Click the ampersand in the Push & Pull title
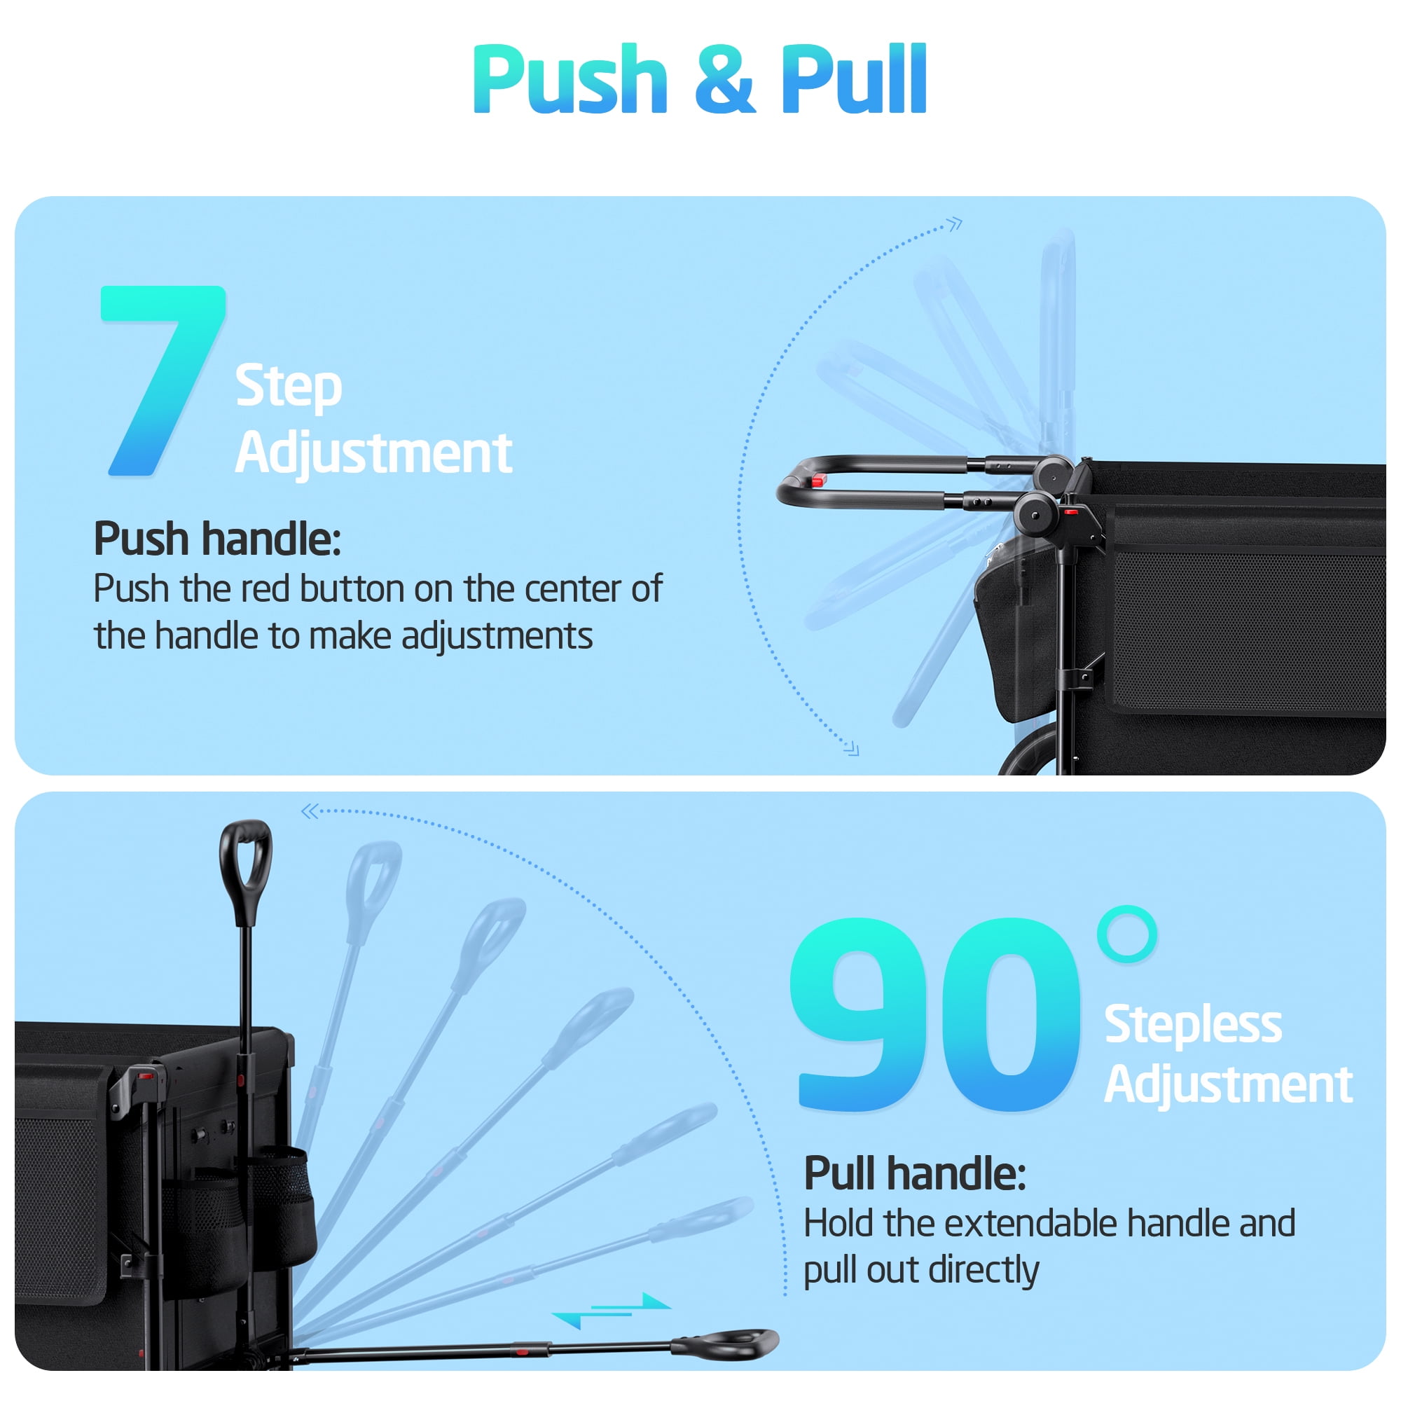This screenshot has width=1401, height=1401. tap(724, 79)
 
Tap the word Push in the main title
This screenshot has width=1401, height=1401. tap(570, 79)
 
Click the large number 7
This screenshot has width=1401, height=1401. tap(163, 380)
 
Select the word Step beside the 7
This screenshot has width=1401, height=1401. tap(289, 387)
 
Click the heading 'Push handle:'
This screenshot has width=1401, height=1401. tap(218, 539)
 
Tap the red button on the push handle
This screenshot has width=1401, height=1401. tap(820, 479)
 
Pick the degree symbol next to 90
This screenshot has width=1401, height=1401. tap(1126, 934)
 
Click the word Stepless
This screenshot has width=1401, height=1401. tap(1193, 1025)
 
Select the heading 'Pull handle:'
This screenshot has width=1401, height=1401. tap(915, 1173)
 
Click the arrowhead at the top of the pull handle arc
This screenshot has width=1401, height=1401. tap(310, 810)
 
